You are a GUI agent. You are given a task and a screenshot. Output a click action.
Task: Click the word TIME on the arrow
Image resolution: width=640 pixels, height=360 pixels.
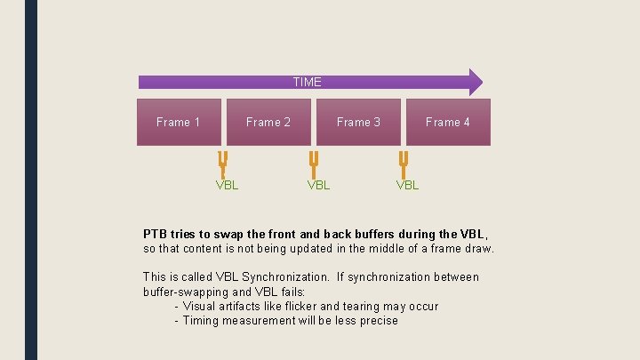[307, 82]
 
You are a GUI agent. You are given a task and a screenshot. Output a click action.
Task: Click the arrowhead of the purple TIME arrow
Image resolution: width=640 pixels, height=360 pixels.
[475, 82]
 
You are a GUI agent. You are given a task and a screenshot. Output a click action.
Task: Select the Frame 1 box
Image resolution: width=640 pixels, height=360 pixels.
[178, 122]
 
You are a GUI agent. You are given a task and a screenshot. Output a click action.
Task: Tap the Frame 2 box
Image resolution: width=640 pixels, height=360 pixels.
[268, 122]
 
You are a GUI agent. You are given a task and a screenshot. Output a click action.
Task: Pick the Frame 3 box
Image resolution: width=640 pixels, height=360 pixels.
[358, 122]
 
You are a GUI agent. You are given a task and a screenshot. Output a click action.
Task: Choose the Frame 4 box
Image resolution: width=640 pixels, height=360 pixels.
[447, 122]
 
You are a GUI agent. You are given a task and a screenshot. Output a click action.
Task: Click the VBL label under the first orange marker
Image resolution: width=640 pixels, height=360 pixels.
[228, 185]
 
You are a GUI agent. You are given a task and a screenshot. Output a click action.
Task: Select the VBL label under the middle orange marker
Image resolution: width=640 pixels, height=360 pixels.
[318, 185]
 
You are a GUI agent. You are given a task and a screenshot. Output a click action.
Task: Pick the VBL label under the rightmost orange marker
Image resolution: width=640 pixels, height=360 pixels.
[407, 185]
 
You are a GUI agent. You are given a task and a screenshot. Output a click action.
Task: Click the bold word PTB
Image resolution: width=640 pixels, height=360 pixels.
[156, 234]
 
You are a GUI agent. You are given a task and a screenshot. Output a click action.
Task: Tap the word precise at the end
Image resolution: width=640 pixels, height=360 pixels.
[378, 320]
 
